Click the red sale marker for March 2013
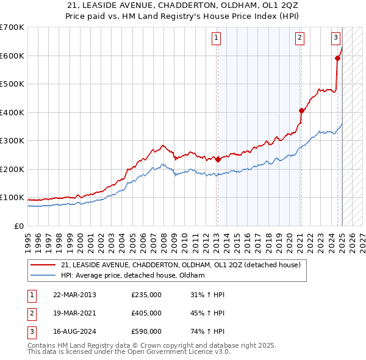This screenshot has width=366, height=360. pyautogui.click(x=218, y=159)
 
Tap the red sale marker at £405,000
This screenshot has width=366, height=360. pyautogui.click(x=301, y=111)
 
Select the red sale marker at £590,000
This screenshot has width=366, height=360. pyautogui.click(x=337, y=59)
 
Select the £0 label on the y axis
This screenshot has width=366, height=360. pyautogui.click(x=18, y=226)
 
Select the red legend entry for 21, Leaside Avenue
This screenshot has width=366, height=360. pyautogui.click(x=181, y=265)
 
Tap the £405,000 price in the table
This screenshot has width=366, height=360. pyautogui.click(x=146, y=313)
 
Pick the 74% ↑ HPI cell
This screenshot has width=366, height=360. pyautogui.click(x=208, y=331)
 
